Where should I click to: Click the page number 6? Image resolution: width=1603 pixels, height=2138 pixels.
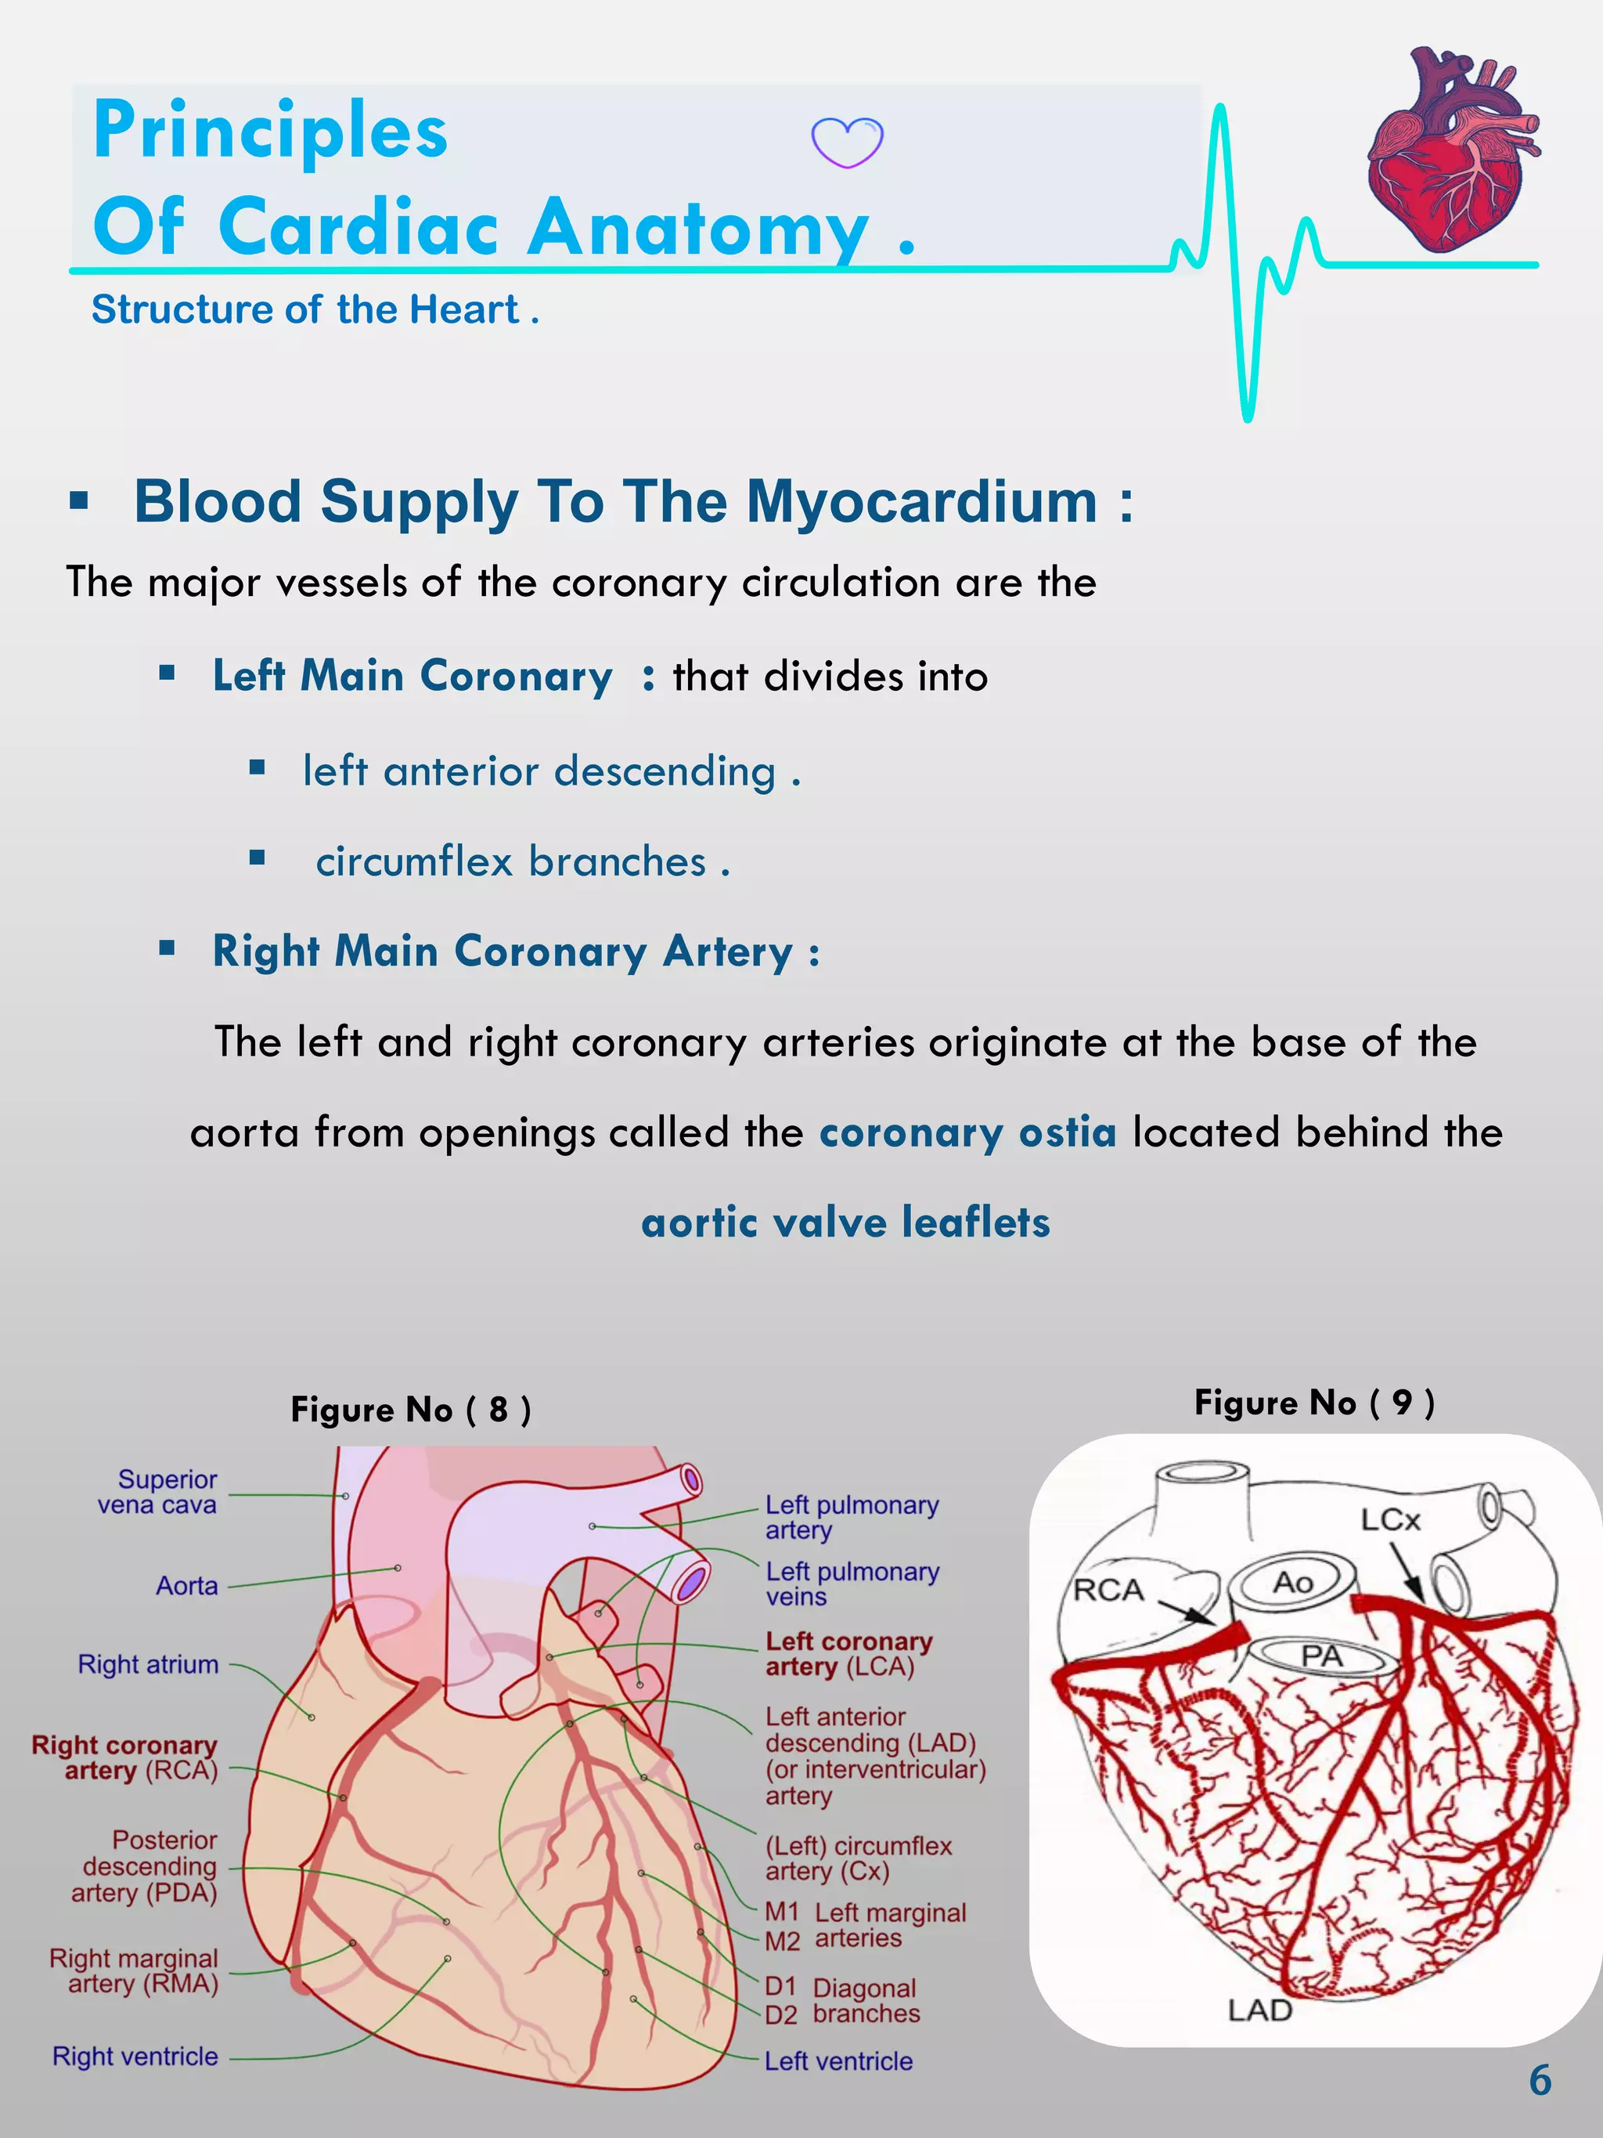point(1540,2080)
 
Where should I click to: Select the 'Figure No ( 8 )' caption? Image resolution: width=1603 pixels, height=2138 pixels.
point(411,1409)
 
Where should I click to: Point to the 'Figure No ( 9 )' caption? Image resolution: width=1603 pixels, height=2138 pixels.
point(1314,1402)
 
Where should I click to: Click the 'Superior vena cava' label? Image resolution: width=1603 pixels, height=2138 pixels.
point(157,1491)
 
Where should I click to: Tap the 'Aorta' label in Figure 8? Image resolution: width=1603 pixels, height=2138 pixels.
point(186,1586)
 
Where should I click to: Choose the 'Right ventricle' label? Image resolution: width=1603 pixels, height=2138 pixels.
point(135,2057)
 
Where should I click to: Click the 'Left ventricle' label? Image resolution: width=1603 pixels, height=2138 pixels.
point(838,2061)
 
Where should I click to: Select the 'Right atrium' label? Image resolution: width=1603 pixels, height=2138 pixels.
point(148,1664)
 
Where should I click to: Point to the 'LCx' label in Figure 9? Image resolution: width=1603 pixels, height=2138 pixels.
point(1390,1520)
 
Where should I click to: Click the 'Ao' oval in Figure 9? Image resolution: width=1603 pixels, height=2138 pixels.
point(1291,1582)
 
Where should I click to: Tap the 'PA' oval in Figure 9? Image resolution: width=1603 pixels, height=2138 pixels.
point(1321,1656)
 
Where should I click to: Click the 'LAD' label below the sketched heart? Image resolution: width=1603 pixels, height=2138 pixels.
point(1259,2010)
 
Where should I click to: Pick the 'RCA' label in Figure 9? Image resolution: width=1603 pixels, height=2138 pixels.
point(1108,1590)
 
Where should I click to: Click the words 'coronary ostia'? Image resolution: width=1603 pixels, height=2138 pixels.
point(967,1132)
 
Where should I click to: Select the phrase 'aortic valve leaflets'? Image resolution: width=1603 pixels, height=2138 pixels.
point(845,1222)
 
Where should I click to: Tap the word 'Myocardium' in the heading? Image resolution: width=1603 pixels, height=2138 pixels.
point(923,502)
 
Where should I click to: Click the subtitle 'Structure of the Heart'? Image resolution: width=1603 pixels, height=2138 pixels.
point(305,309)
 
